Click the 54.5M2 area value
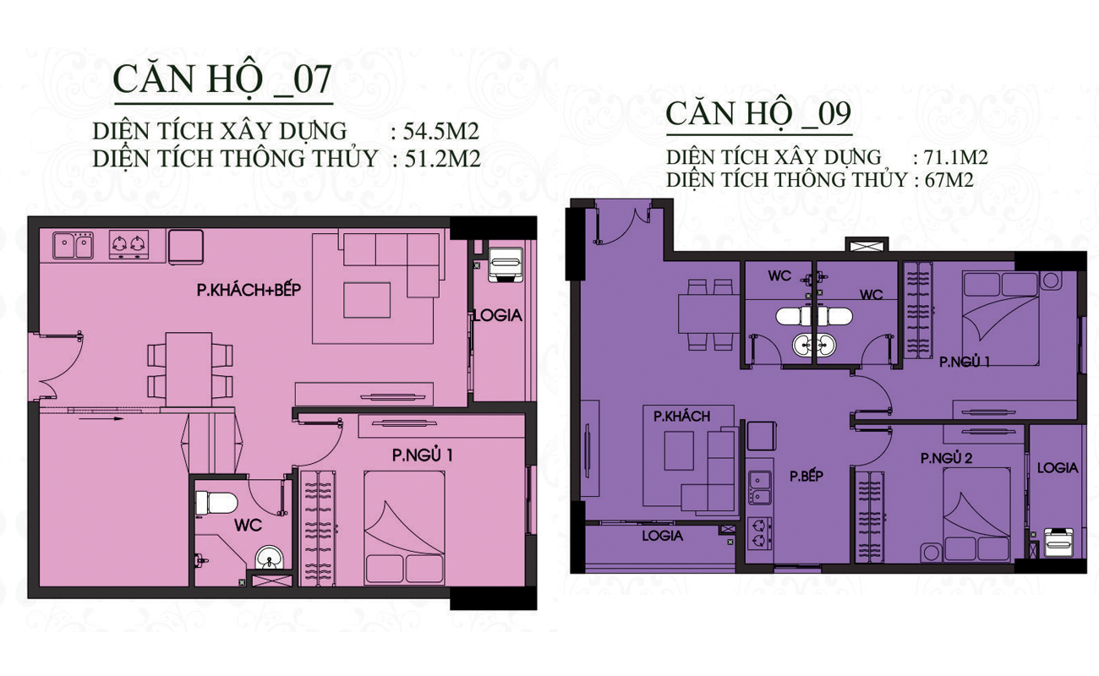pos(440,131)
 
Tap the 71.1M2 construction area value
pos(956,157)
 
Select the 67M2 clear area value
pos(949,180)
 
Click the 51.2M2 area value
pos(442,159)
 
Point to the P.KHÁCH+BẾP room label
pos(249,290)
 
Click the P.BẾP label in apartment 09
pos(806,476)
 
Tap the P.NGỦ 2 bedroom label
pos(947,458)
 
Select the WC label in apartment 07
pos(249,526)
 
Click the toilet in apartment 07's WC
pos(216,503)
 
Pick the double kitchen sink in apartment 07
pos(73,245)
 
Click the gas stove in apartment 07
pos(128,245)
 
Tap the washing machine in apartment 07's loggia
pos(506,264)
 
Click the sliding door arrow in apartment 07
pos(101,418)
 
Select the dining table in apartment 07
pos(189,369)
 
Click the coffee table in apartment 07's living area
pos(367,300)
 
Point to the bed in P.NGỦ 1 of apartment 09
pos(1000,319)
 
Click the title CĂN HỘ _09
pos(758,115)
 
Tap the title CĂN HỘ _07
pos(222,79)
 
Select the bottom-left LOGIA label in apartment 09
pos(662,536)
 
